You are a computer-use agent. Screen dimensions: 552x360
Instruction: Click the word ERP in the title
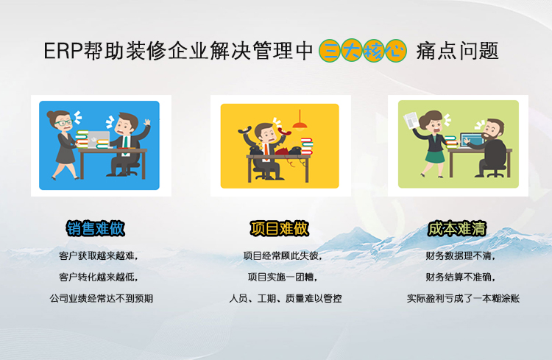[x=63, y=51]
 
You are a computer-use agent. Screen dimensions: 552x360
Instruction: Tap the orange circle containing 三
[x=330, y=51]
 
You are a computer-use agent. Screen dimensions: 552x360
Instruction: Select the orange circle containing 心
[x=395, y=51]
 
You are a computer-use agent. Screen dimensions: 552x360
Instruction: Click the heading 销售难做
[x=96, y=229]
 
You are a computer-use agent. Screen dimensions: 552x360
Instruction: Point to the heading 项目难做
[x=280, y=229]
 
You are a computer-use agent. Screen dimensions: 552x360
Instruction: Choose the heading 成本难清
[x=457, y=229]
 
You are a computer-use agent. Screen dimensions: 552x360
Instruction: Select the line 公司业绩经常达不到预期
[x=102, y=299]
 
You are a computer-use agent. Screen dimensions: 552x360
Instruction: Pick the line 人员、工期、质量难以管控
[x=286, y=299]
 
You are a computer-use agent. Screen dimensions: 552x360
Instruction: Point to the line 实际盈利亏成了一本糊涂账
[x=463, y=299]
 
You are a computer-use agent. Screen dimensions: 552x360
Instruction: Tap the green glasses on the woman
[x=63, y=123]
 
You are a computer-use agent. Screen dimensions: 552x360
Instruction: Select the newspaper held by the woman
[x=411, y=121]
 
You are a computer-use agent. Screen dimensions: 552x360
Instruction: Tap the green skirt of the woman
[x=435, y=156]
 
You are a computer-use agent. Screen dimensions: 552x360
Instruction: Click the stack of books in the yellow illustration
[x=307, y=147]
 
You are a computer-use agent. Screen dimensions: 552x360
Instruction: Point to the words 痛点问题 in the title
[x=457, y=51]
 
